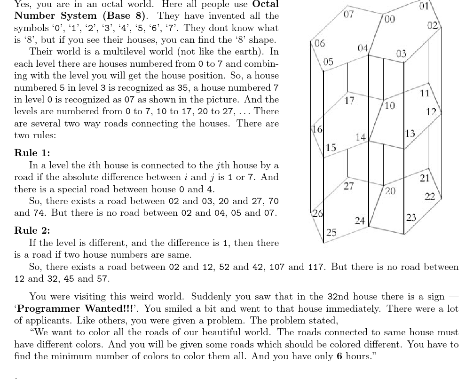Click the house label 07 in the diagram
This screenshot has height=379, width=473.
click(x=348, y=14)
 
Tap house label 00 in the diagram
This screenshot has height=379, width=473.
click(x=389, y=19)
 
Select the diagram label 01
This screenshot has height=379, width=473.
click(x=424, y=7)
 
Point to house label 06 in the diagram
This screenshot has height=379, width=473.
click(x=319, y=44)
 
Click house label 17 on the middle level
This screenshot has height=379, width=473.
click(x=349, y=101)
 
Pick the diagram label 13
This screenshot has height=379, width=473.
click(x=410, y=133)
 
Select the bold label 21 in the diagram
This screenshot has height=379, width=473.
click(x=425, y=178)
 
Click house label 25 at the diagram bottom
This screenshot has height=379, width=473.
click(x=331, y=232)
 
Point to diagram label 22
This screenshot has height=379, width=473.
click(x=430, y=197)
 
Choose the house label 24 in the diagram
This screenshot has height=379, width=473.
click(x=360, y=220)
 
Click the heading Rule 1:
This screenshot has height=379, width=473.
click(x=32, y=153)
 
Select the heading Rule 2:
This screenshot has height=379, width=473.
click(x=32, y=230)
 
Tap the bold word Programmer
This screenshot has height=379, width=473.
click(x=48, y=308)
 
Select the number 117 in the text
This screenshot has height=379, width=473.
click(x=315, y=267)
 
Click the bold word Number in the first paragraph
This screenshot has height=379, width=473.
click(x=34, y=15)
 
